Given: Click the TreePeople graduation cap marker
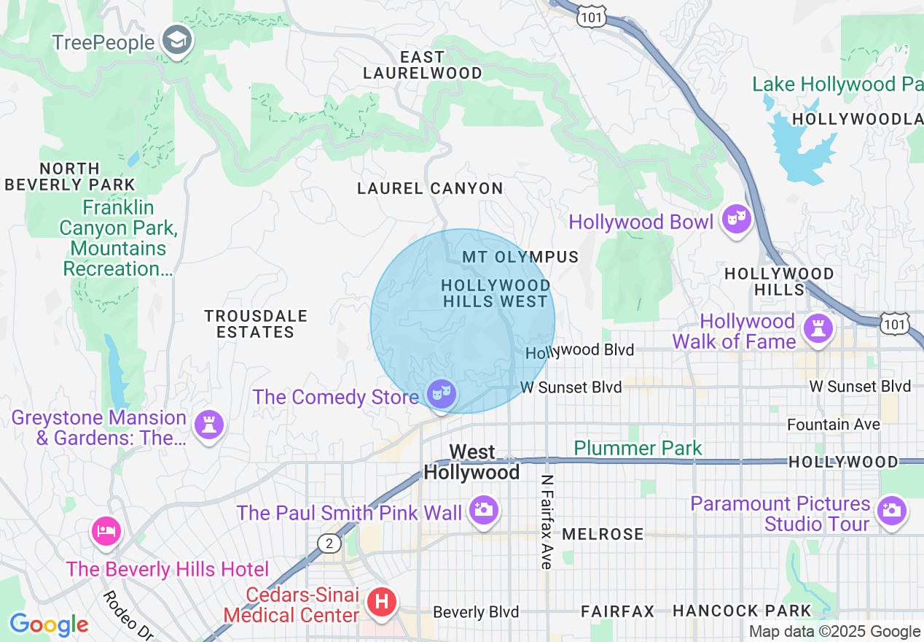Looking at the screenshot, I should click(x=176, y=42).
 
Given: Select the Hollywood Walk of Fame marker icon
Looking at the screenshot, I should click(x=818, y=329).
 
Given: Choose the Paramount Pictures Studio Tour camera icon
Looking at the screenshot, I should click(x=891, y=511).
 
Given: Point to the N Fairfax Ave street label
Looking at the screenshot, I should click(x=547, y=522).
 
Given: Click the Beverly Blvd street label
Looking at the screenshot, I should click(x=476, y=612).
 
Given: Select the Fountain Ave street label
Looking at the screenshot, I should click(x=833, y=424).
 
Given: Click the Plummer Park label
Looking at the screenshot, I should click(x=638, y=448).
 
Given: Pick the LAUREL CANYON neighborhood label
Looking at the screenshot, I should click(x=430, y=188).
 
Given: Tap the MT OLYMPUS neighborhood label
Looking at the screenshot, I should click(x=520, y=257).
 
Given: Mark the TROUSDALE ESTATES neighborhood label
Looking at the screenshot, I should click(x=256, y=324).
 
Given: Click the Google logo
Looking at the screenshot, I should click(x=48, y=624).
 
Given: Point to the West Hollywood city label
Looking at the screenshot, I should click(x=472, y=463).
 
